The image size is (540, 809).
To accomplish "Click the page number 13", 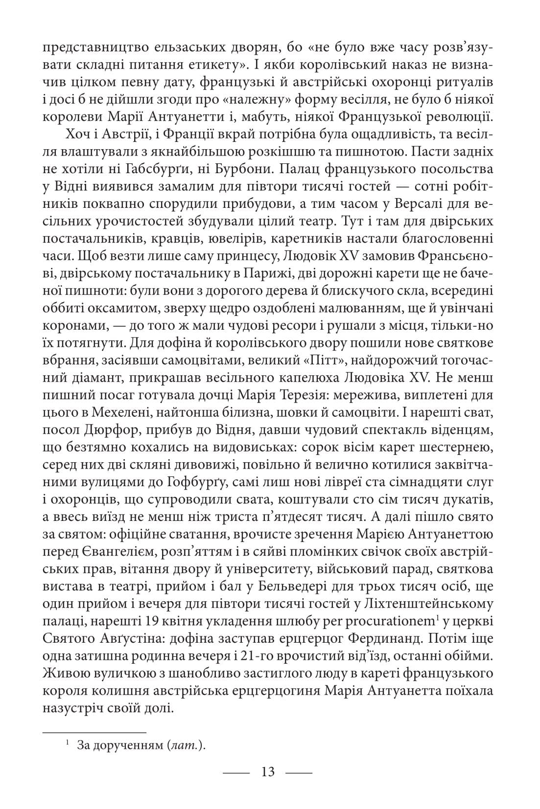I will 268,772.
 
